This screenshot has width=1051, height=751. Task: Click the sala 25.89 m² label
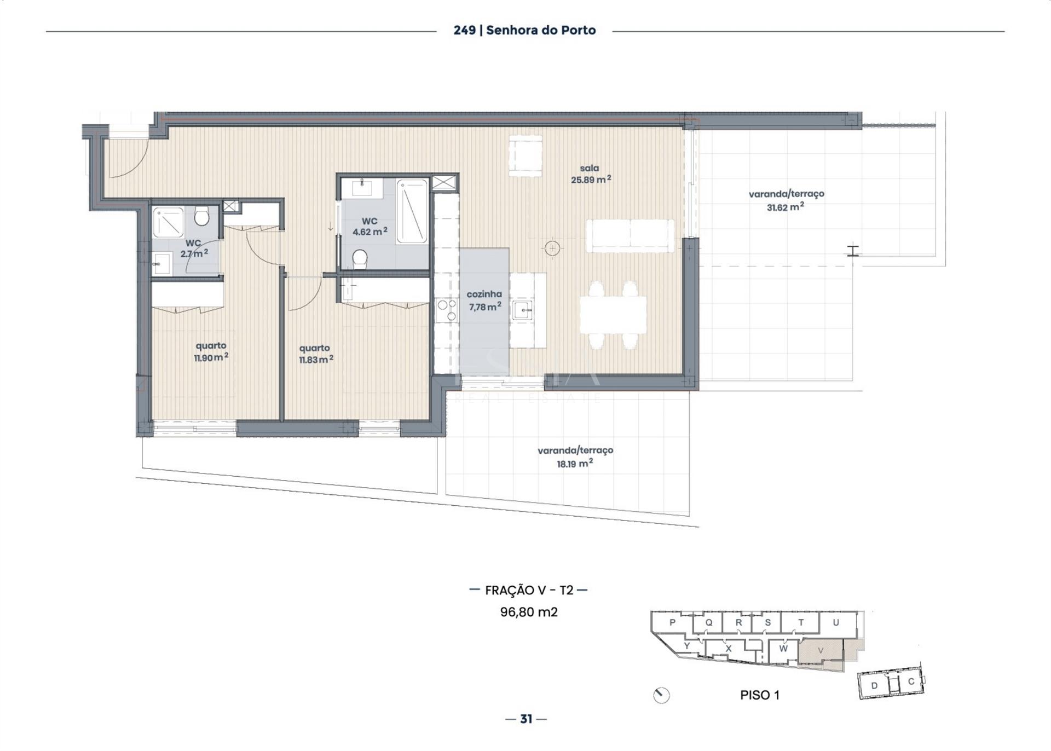tap(591, 174)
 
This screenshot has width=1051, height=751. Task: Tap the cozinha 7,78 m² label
tap(484, 301)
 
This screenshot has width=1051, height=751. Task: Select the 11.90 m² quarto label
tap(211, 351)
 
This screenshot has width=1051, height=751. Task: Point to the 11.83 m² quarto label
tap(315, 354)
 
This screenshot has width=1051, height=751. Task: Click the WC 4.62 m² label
tap(369, 227)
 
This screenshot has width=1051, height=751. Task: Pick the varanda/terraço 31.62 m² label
tap(786, 200)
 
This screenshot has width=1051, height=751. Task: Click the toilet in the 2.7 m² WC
tap(201, 216)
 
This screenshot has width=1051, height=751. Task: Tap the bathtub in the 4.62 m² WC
tap(412, 211)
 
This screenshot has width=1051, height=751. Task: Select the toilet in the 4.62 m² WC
tap(360, 259)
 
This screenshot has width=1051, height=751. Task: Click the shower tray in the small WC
tap(168, 223)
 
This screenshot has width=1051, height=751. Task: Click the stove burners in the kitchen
tap(447, 310)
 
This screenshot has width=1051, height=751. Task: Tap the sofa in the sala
tap(630, 236)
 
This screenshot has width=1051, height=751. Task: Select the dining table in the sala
tap(613, 315)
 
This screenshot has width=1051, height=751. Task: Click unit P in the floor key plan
tap(672, 622)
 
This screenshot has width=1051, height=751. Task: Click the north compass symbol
tap(662, 695)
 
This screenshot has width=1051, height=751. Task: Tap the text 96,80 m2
tap(529, 612)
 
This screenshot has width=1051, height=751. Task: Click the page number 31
tap(526, 719)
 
